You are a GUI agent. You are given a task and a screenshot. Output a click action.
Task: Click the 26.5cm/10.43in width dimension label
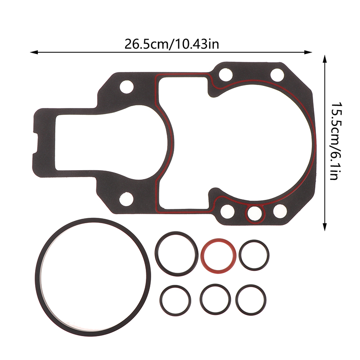(171, 44)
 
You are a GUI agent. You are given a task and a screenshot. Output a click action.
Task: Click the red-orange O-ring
(218, 240)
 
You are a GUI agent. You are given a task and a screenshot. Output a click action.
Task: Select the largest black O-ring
(93, 220)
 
